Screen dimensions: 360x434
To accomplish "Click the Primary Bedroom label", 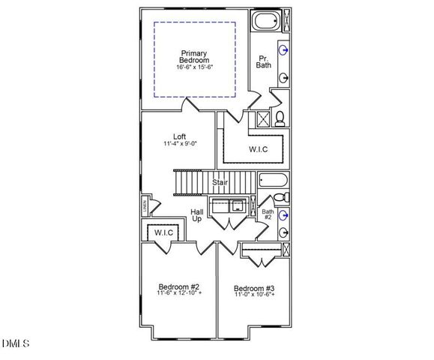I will coord(193,56).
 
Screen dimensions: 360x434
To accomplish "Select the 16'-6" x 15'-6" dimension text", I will coord(193,67).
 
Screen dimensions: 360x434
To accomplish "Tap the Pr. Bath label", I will coord(263,61).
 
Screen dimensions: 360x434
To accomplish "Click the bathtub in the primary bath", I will coord(265,22).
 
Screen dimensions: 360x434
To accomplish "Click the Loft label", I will coord(179,136).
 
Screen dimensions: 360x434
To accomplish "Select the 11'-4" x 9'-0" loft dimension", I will coord(179,144).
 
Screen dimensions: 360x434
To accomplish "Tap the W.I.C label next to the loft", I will coord(259,150).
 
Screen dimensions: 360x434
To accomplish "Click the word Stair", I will coord(220,182).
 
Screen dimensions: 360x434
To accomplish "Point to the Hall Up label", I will coord(196,214).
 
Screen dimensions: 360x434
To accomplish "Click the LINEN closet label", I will coord(145,205).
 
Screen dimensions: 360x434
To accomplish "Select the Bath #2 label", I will coord(268,215).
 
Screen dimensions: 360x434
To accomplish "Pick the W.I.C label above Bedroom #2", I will coord(164,233).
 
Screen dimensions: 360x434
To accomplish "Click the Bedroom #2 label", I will coord(178,286).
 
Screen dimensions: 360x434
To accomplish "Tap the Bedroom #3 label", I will coord(253,288).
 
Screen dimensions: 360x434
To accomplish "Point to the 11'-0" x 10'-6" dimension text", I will coord(254,295).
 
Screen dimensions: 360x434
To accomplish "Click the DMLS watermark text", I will coord(15,343).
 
